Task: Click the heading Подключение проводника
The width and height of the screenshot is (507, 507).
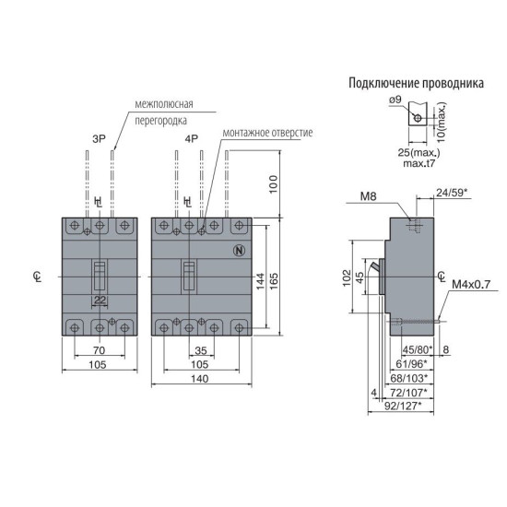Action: (x=416, y=83)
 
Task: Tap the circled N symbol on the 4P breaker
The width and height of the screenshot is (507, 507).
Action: (x=240, y=251)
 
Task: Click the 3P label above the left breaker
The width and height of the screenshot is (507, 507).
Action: (x=100, y=139)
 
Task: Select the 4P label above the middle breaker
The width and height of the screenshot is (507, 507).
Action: (x=192, y=139)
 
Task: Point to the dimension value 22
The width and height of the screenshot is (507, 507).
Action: (x=100, y=301)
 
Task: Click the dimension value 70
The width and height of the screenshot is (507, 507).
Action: (x=100, y=350)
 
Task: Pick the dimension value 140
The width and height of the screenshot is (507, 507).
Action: (x=200, y=379)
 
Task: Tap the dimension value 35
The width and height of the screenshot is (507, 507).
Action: (x=201, y=350)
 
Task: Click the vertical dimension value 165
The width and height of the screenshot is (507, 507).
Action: (x=274, y=281)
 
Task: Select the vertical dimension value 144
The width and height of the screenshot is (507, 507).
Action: (x=260, y=281)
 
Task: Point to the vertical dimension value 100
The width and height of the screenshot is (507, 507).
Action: (x=274, y=184)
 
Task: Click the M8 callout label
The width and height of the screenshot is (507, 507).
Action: (x=369, y=196)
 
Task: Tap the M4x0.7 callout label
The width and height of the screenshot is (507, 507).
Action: (x=471, y=285)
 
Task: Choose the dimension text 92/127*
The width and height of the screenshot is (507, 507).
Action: (x=403, y=406)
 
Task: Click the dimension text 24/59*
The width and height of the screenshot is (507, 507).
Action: (x=452, y=193)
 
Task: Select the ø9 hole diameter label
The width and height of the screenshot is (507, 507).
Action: (x=395, y=100)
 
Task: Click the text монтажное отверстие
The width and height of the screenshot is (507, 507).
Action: (x=267, y=133)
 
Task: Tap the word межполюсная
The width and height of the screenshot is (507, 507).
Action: (x=164, y=104)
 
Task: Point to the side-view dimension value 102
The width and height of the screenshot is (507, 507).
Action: (x=347, y=277)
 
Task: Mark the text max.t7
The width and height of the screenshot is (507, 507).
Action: (x=419, y=163)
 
